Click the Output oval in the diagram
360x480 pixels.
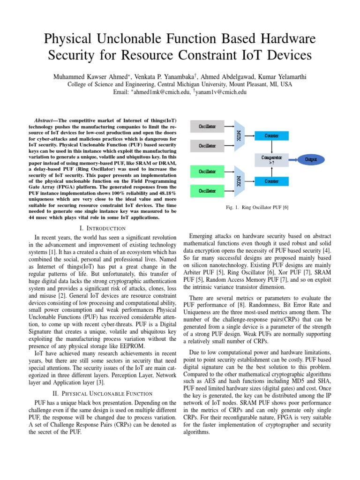(x=311, y=159)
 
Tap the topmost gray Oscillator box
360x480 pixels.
(x=208, y=127)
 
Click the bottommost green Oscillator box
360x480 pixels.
(x=208, y=191)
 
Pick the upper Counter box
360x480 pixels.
(x=271, y=135)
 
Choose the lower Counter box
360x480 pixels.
(x=271, y=181)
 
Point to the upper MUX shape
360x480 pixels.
(x=239, y=136)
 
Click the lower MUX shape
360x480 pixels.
(x=239, y=181)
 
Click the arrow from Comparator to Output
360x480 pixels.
(x=294, y=159)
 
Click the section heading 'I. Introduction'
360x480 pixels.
(x=103, y=228)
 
